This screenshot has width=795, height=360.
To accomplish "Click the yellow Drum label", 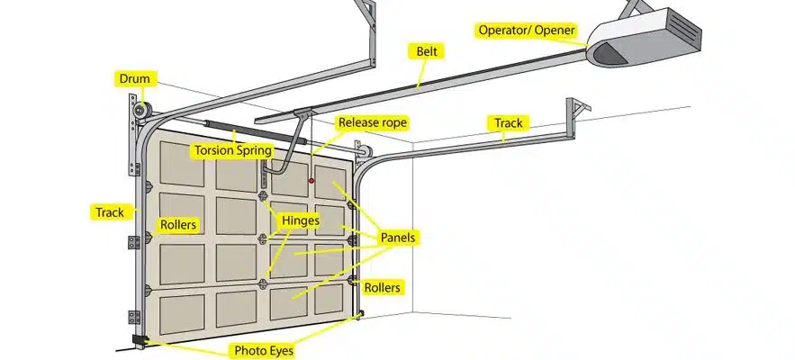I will click(x=133, y=79).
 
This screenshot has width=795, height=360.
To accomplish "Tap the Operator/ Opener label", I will click(x=526, y=31).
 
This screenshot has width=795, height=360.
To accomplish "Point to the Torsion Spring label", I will click(x=232, y=151).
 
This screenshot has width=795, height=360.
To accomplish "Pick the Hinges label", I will click(x=300, y=220).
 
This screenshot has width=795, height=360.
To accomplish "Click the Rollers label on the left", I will click(x=178, y=224).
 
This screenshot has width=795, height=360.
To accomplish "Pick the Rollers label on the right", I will click(x=383, y=287).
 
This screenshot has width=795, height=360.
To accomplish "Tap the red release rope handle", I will click(x=312, y=181).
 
